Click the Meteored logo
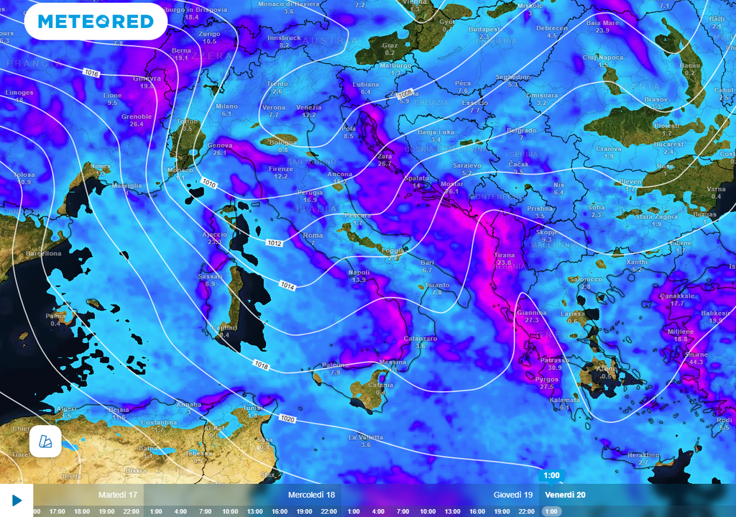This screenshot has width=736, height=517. click(x=96, y=22)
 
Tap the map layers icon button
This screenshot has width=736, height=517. click(x=45, y=441)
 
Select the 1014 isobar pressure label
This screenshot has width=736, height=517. click(x=287, y=286)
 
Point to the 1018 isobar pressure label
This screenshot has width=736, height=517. click(x=261, y=366)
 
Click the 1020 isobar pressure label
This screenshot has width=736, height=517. click(x=287, y=418)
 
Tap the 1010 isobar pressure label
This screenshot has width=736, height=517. click(x=210, y=184)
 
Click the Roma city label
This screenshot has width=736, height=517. click(x=313, y=235)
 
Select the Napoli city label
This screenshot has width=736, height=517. click(x=359, y=273)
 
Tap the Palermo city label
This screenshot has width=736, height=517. click(x=334, y=365)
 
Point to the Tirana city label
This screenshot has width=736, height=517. click(x=504, y=255)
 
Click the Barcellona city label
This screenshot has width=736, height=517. click(x=43, y=253)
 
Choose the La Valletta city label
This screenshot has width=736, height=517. click(x=365, y=437)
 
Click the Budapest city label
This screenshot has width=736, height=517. click(x=484, y=29)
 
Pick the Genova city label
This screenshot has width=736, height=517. click(x=220, y=145)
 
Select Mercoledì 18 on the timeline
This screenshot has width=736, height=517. click(x=311, y=495)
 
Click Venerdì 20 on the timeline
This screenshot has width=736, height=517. click(x=564, y=495)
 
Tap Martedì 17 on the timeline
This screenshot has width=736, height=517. click(x=118, y=495)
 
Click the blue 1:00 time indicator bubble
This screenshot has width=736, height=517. click(x=551, y=475)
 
